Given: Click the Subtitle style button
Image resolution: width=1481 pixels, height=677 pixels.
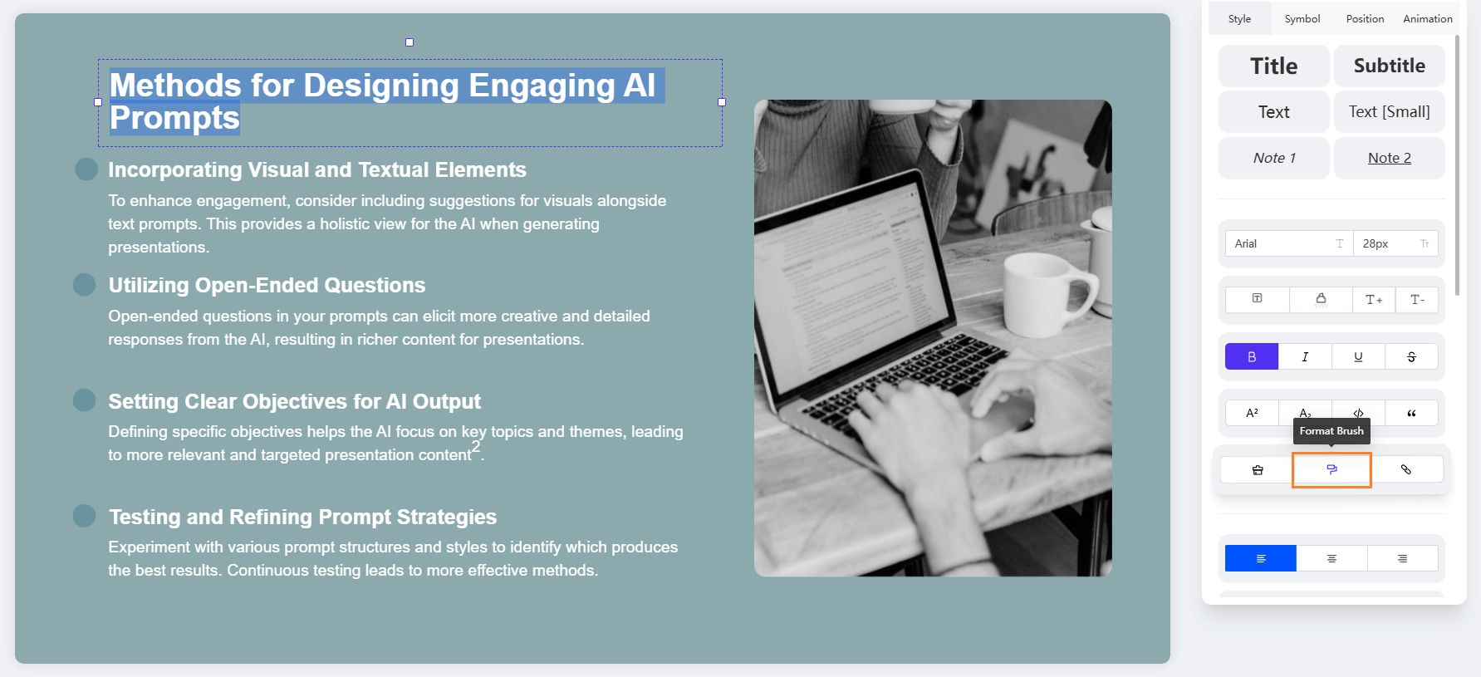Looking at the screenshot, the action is click(x=1389, y=66).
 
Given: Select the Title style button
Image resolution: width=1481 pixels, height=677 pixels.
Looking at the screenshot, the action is click(x=1273, y=66).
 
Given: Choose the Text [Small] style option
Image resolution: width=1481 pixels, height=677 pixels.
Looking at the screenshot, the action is click(x=1389, y=111).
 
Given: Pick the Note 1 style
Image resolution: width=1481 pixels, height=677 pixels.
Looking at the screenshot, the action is click(x=1273, y=158).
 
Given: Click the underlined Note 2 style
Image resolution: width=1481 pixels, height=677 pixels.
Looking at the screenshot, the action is click(x=1389, y=158).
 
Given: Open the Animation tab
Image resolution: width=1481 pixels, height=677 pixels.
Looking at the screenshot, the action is click(x=1428, y=18).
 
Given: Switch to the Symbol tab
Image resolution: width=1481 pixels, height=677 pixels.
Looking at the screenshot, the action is click(x=1302, y=18).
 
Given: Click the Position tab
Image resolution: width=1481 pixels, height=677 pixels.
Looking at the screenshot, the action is click(x=1365, y=18).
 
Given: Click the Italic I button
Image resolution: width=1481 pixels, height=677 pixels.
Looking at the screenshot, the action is click(x=1305, y=356).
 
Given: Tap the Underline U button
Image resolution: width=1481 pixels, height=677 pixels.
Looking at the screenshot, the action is click(x=1358, y=356).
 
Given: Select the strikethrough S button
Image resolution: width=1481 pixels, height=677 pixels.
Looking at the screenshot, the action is click(x=1411, y=356).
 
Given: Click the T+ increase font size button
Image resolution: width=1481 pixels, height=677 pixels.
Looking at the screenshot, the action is click(x=1374, y=300).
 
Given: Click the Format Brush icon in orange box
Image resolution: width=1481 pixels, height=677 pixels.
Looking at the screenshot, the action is click(x=1331, y=469).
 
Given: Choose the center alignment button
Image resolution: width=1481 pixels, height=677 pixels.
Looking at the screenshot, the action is click(x=1331, y=558).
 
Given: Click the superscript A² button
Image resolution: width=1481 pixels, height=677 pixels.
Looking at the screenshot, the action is click(x=1252, y=413).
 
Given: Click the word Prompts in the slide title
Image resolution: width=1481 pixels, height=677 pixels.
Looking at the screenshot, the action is click(x=174, y=118).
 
